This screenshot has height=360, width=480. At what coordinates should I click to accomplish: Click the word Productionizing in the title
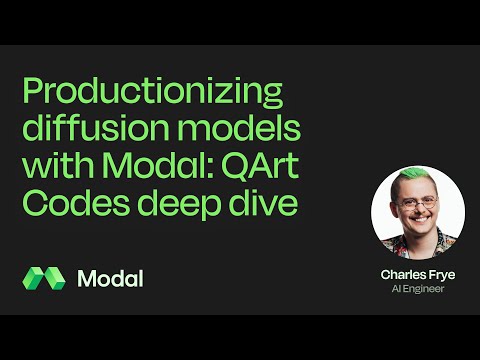pos(152,96)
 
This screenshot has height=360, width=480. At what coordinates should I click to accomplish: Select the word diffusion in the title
pos(92,134)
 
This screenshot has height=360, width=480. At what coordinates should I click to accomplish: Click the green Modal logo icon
pos(43,278)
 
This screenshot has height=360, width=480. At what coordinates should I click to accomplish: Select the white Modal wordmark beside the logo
pos(109,278)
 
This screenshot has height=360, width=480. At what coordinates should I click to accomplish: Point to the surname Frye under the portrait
pos(435,273)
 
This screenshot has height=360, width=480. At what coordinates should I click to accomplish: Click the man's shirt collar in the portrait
pos(417,247)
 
